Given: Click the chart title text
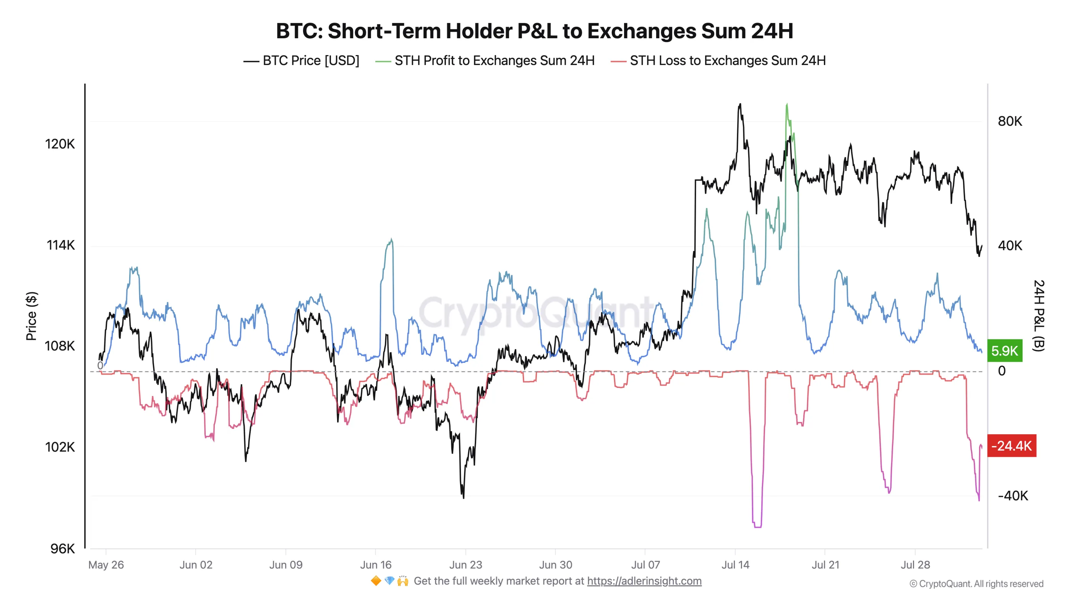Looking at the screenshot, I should (535, 31).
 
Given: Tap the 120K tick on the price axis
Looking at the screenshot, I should (60, 144).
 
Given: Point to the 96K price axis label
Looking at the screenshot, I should (62, 548).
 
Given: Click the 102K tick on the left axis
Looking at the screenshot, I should (60, 447).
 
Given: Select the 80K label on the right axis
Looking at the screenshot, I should (1010, 121).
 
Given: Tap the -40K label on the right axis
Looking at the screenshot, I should (1013, 496).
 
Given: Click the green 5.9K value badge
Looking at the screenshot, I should (1004, 350).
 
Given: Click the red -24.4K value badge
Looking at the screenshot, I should (1011, 446).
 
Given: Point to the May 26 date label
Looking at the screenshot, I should (106, 565).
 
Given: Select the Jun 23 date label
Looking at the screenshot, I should (465, 565).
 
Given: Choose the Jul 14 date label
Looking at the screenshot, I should (735, 565).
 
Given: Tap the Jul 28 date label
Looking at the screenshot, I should (915, 565).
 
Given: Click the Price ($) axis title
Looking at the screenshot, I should (32, 316).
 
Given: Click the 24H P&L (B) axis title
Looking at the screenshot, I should (1038, 316).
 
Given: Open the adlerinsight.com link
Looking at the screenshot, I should (644, 581).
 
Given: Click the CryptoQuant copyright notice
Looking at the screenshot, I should (976, 584).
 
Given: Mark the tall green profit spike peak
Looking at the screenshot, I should (787, 105).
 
